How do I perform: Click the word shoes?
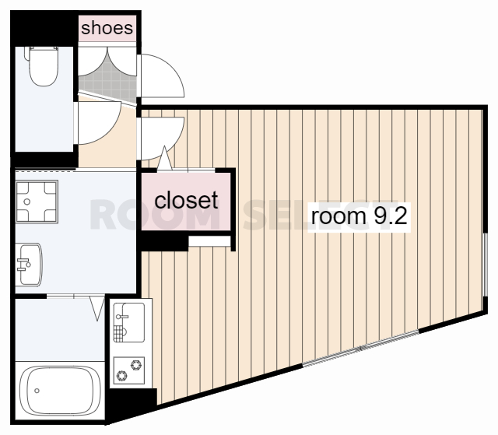[107, 28]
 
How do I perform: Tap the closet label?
[186, 200]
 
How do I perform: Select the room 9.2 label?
[359, 216]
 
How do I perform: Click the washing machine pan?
[37, 202]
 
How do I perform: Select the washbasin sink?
[30, 265]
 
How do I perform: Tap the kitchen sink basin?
[129, 323]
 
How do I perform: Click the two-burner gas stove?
[129, 370]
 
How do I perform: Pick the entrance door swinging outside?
[162, 75]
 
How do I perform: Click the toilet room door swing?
[99, 123]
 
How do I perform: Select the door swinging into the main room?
[162, 139]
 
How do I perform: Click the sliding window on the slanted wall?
[361, 349]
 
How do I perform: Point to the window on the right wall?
[485, 265]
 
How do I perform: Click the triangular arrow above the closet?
[164, 158]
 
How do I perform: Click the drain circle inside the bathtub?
[37, 391]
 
